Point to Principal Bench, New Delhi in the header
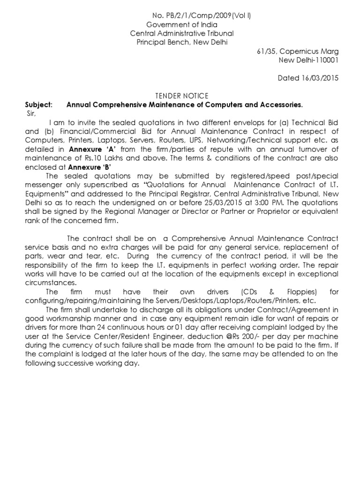click(x=181, y=42)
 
